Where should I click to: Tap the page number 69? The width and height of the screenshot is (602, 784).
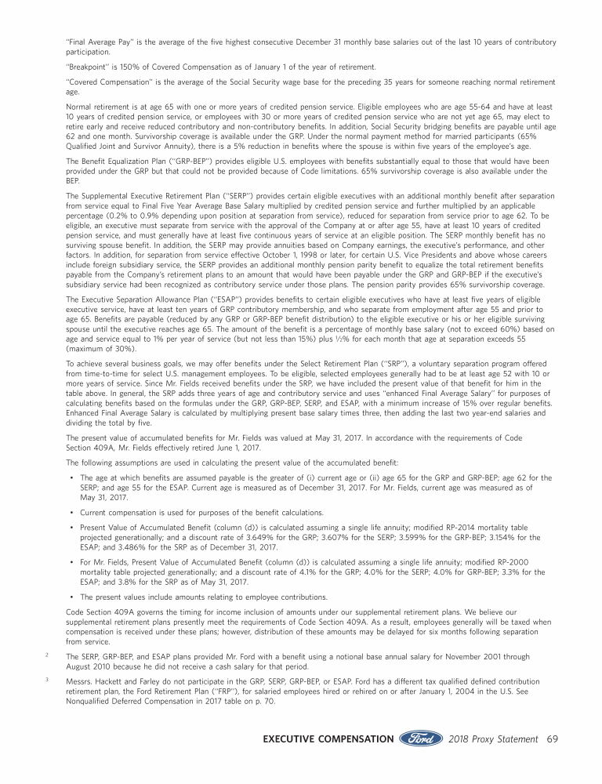click(x=552, y=739)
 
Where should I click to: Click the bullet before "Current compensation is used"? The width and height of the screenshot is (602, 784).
click(x=72, y=514)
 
